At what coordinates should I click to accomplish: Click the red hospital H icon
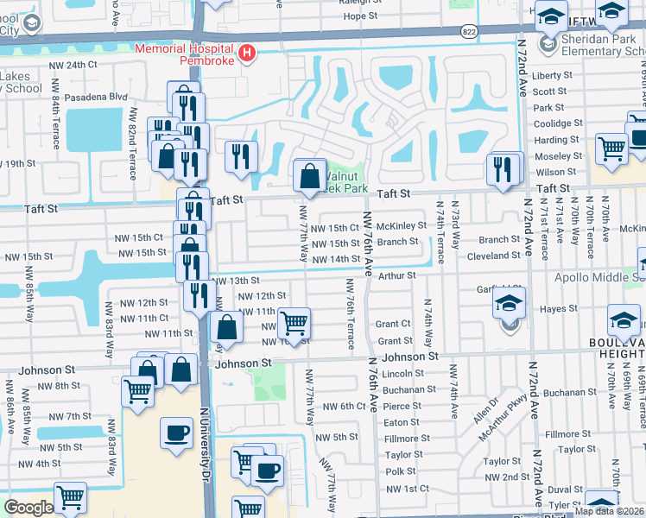point(248,54)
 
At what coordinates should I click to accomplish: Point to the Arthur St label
point(397,275)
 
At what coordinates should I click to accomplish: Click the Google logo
point(28,508)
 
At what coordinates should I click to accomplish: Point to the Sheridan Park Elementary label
point(602,45)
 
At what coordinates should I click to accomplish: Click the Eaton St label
point(402,422)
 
